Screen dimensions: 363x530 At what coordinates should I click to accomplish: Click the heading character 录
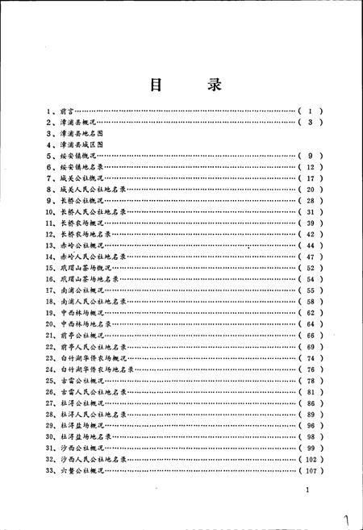pos(212,85)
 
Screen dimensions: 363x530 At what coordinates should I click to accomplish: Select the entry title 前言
pos(68,110)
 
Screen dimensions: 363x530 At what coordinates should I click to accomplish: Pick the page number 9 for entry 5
pos(310,155)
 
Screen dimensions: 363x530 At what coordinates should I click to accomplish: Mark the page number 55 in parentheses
pos(311,290)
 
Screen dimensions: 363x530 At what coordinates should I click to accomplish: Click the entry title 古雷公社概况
pos(83,380)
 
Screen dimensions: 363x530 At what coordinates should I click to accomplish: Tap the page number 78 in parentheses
pos(311,380)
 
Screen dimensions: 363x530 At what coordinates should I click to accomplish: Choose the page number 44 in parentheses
pos(311,244)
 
